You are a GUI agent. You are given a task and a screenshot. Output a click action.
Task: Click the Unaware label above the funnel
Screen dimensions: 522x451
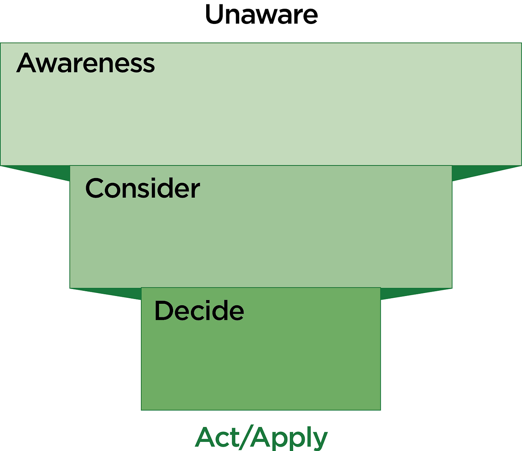(261, 15)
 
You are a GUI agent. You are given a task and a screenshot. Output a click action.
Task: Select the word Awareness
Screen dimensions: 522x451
(86, 63)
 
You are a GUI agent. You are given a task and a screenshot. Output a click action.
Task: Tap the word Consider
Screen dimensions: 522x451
(143, 188)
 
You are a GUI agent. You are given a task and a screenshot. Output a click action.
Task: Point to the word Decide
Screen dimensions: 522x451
(199, 311)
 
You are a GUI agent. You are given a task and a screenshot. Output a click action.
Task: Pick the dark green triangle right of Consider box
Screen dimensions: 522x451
(475, 172)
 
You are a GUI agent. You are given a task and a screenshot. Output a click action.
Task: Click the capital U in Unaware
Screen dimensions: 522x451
(214, 15)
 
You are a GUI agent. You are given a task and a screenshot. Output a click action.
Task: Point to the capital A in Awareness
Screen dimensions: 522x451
(27, 63)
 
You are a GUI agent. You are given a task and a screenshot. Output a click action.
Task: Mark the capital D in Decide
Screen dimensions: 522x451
(163, 311)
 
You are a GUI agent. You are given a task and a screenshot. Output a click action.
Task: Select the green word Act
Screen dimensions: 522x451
(217, 438)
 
